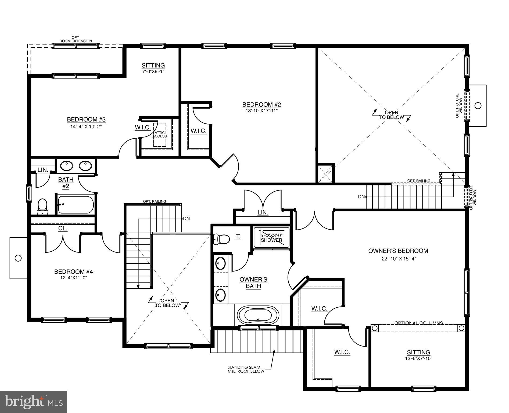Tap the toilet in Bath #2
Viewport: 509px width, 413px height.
click(42, 206)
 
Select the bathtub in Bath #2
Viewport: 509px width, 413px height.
click(76, 205)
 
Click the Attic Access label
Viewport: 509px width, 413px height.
click(160, 134)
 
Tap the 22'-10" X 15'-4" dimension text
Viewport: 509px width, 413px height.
click(398, 259)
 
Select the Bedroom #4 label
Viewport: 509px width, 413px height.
click(74, 272)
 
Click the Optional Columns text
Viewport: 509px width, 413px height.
click(418, 323)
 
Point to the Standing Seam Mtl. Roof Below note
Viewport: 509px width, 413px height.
click(246, 369)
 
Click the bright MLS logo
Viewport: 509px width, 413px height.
click(34, 402)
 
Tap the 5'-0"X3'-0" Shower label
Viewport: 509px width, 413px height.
click(271, 238)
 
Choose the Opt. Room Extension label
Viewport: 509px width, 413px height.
click(76, 39)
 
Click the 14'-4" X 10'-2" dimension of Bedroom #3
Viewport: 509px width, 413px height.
click(86, 126)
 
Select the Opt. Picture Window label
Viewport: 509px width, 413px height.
click(459, 106)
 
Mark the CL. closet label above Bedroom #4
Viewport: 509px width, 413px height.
click(63, 229)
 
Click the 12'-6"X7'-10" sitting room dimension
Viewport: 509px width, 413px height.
click(418, 358)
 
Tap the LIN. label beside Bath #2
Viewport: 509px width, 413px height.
click(43, 170)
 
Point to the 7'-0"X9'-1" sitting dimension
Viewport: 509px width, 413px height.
click(153, 72)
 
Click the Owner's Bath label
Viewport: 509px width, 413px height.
click(253, 283)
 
